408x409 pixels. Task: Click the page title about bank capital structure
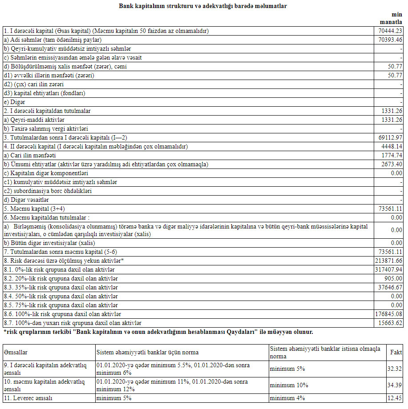coord(203,6)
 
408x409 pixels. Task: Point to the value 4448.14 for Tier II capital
coord(392,147)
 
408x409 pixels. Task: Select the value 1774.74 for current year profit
coord(392,156)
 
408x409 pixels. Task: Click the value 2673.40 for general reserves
coord(392,164)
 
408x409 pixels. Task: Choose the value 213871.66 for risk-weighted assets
coord(389,261)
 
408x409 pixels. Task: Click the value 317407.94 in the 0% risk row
coord(389,269)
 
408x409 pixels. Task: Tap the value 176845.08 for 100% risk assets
coord(389,314)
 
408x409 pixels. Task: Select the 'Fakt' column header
coord(396,352)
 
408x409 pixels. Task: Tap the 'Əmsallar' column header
coord(16,352)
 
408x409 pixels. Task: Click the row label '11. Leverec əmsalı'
coord(28,398)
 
